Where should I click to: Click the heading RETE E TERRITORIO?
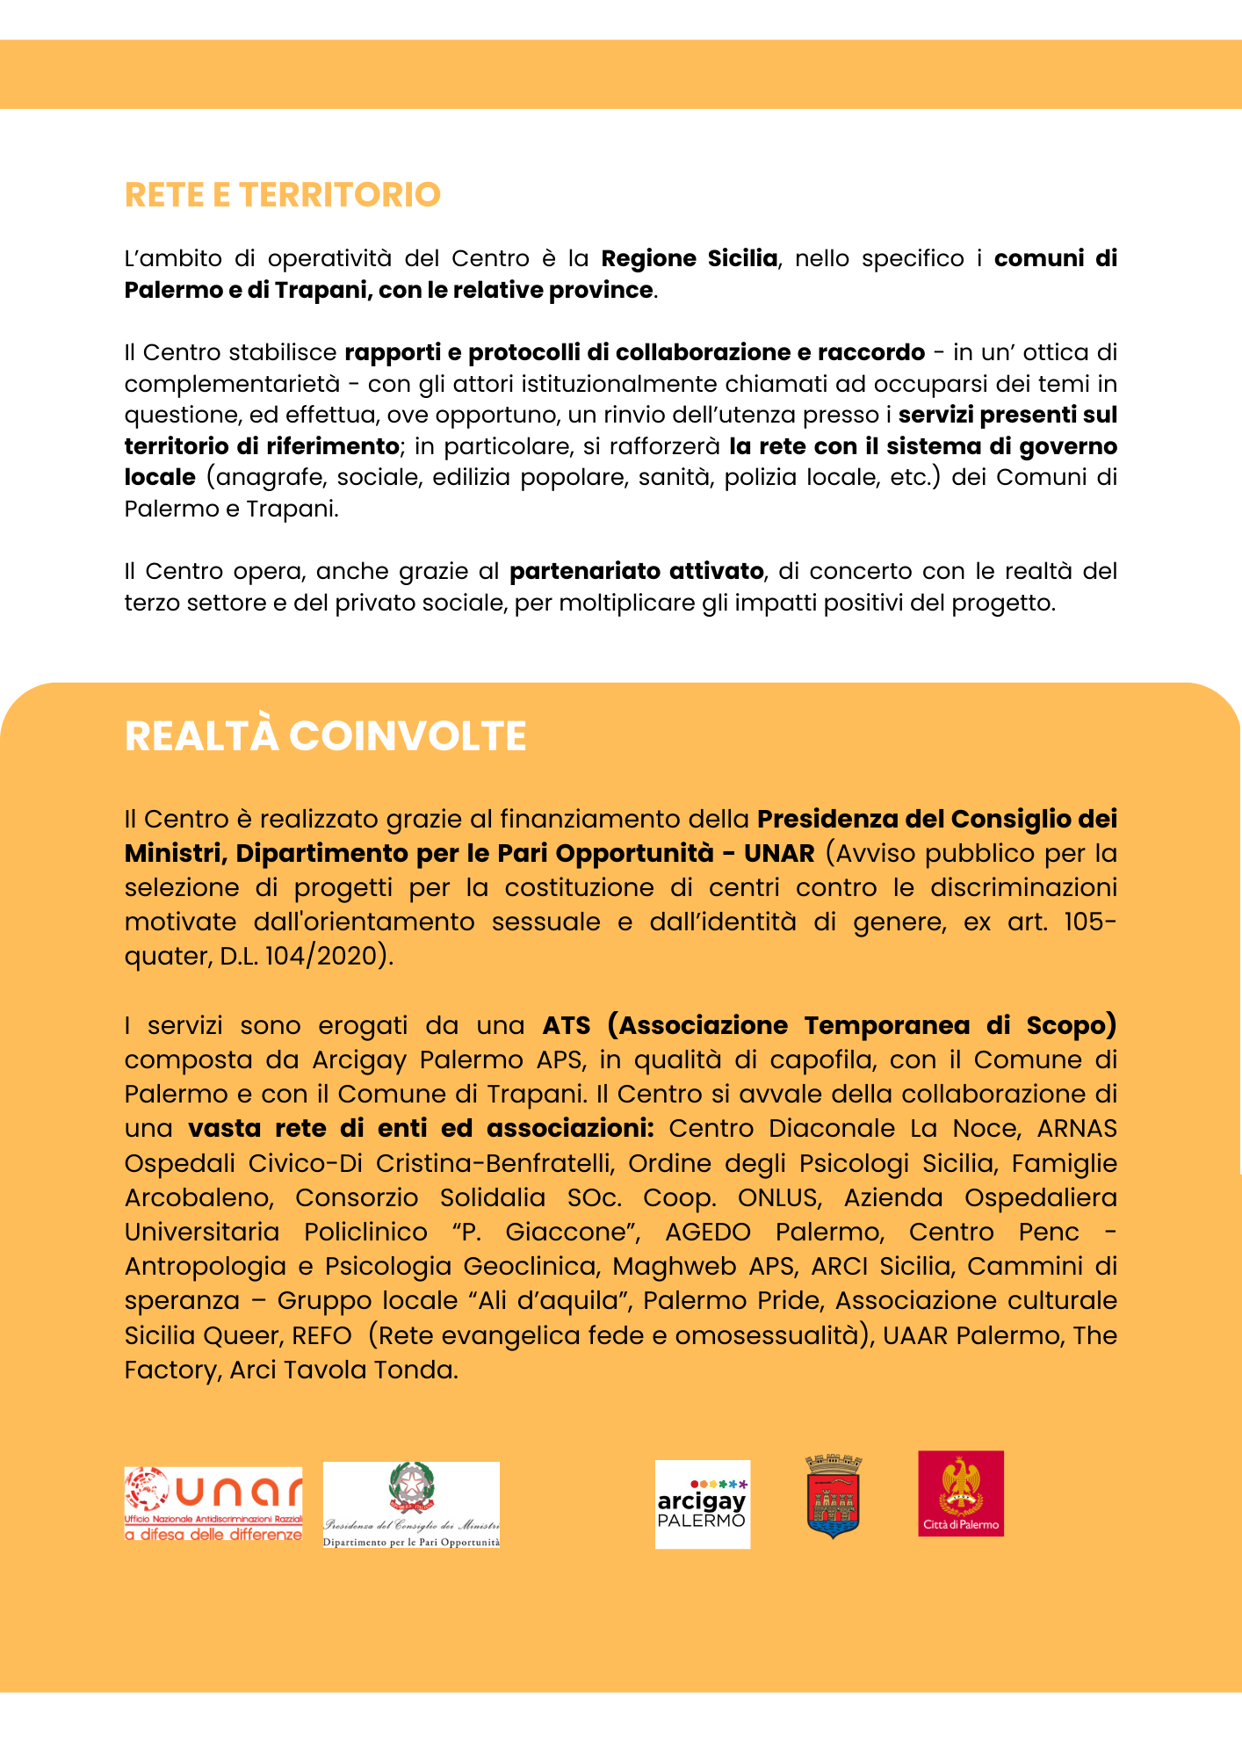(282, 195)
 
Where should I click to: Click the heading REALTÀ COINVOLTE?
(325, 736)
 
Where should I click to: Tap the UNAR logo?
(213, 1503)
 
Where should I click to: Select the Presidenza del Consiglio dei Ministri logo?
(411, 1504)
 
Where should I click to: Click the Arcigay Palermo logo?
(703, 1504)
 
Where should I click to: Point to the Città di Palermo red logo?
(960, 1493)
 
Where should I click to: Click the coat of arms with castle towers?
(833, 1495)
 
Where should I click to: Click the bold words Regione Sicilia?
(690, 258)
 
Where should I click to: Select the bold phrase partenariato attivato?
(636, 571)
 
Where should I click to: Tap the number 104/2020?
(321, 956)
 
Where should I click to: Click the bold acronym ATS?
(567, 1025)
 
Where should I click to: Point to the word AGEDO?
(708, 1232)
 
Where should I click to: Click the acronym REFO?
(321, 1335)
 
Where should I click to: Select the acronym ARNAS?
(1077, 1128)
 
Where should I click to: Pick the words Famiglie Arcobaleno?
(1064, 1163)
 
